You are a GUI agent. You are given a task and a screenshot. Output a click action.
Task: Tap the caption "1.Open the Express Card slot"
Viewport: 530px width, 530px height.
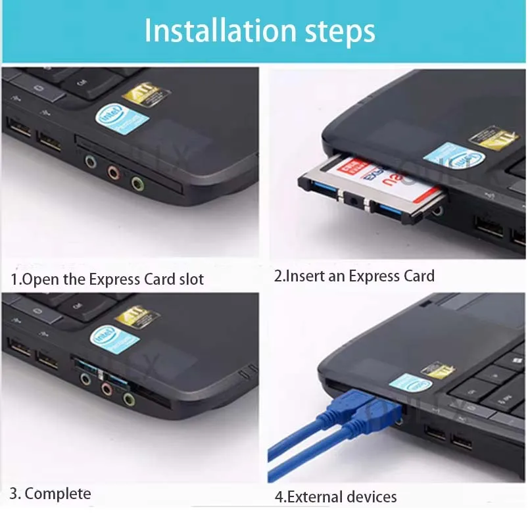107,279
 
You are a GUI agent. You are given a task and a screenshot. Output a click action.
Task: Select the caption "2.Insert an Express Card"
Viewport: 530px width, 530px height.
354,276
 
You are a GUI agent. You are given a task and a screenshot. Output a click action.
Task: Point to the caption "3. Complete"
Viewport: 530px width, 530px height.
51,493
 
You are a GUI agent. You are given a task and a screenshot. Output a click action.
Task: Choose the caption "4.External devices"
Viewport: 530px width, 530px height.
335,496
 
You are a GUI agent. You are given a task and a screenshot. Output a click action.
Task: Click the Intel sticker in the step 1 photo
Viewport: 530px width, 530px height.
122,119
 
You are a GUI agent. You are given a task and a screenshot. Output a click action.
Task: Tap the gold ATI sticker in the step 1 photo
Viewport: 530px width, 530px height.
146,95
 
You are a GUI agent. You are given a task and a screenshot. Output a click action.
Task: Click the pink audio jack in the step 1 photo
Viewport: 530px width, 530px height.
114,174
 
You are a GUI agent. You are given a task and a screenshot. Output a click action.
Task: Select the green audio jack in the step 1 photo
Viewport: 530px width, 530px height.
137,183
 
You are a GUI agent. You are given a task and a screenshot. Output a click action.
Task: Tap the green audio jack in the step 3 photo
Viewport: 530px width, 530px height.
129,399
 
